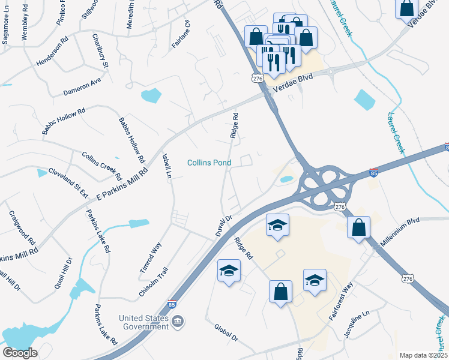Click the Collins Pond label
209,163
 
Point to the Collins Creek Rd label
101,166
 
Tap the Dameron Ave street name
82,88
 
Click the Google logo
20,352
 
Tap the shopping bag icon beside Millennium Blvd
358,227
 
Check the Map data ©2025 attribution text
423,355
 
